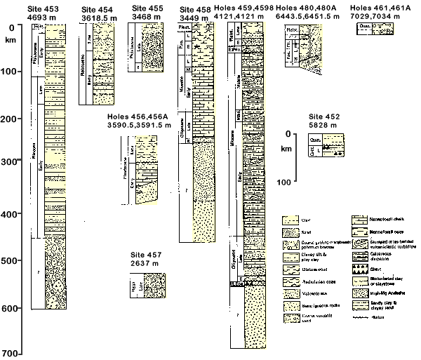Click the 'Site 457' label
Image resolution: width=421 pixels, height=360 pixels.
point(144,255)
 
